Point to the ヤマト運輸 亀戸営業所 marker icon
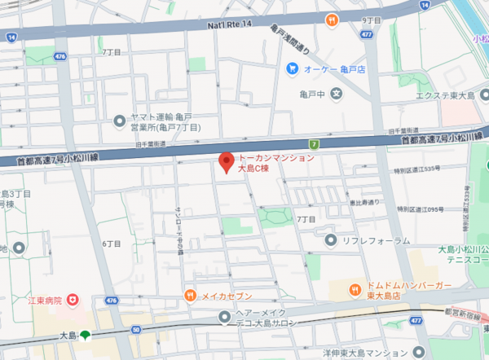click(120, 122)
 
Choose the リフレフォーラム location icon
click(330, 239)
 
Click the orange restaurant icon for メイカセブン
click(190, 295)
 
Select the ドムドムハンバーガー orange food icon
click(356, 290)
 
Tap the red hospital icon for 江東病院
click(73, 301)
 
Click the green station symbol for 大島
click(86, 336)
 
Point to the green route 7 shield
click(314, 144)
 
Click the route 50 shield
click(136, 328)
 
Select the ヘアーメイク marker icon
click(225, 318)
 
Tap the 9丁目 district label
click(372, 20)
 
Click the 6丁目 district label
click(112, 244)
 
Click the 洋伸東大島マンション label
click(364, 353)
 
